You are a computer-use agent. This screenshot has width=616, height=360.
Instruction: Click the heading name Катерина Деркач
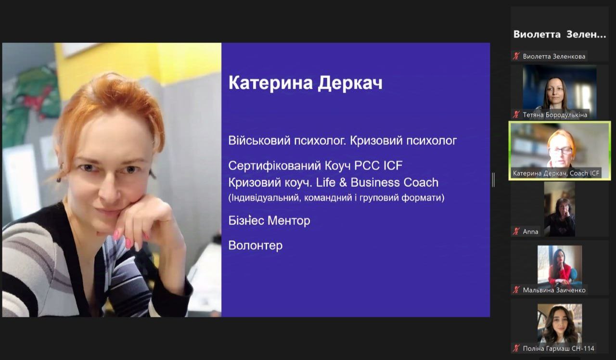(x=305, y=83)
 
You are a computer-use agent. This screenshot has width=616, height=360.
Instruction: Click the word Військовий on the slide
(x=259, y=141)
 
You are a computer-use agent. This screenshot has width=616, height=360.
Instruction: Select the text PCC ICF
(x=378, y=166)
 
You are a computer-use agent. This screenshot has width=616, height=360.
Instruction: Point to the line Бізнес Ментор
(x=269, y=220)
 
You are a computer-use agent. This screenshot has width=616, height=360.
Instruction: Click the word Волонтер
(x=256, y=245)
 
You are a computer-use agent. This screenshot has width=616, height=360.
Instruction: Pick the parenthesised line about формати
(x=336, y=198)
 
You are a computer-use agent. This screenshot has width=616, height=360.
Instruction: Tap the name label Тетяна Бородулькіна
(x=555, y=115)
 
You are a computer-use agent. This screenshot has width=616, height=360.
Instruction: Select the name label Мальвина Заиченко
(x=554, y=290)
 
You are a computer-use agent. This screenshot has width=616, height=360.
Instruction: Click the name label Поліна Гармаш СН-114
(x=559, y=348)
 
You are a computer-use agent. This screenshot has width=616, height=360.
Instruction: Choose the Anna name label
(x=530, y=231)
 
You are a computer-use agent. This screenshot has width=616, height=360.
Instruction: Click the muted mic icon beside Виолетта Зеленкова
(x=516, y=56)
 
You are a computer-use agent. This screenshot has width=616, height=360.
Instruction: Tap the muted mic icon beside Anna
(x=516, y=231)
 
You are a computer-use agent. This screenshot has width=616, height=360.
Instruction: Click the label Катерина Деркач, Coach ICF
(x=556, y=173)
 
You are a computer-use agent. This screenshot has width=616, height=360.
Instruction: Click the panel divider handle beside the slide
(x=493, y=180)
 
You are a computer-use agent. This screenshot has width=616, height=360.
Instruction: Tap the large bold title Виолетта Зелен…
(x=560, y=34)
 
